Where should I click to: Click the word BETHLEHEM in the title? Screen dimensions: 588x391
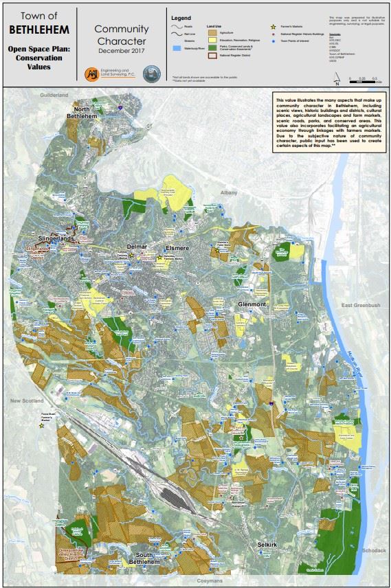pyautogui.click(x=39, y=30)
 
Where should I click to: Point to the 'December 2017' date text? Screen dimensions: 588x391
pyautogui.click(x=122, y=52)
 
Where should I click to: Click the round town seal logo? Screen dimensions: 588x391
pyautogui.click(x=150, y=73)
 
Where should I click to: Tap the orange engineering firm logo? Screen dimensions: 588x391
pyautogui.click(x=91, y=73)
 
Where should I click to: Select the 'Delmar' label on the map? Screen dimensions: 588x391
pyautogui.click(x=137, y=246)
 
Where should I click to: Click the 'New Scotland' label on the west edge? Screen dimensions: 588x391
pyautogui.click(x=26, y=400)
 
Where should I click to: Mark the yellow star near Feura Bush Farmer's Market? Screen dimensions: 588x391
pyautogui.click(x=42, y=426)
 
